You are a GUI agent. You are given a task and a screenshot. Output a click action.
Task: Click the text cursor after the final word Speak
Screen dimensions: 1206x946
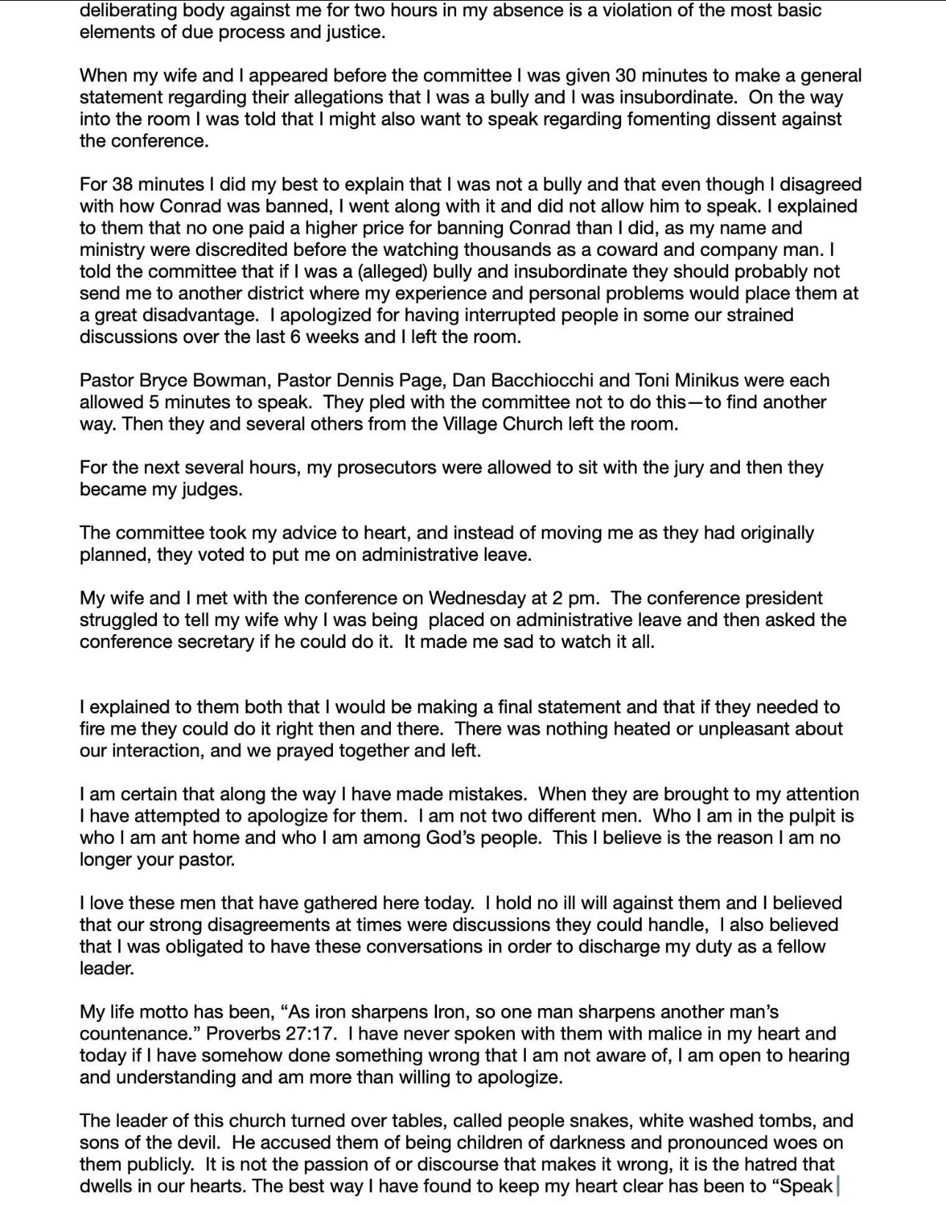837,1186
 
